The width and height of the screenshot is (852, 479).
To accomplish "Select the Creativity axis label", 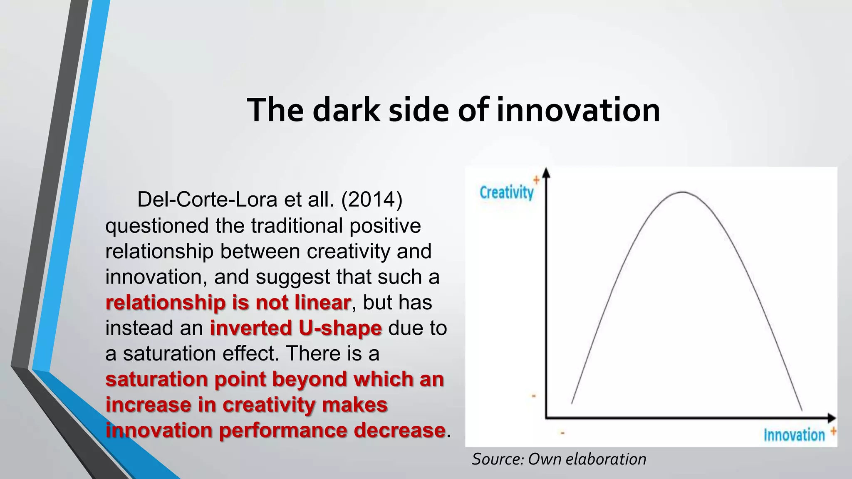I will point(506,193).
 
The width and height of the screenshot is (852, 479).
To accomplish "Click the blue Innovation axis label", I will point(794,435).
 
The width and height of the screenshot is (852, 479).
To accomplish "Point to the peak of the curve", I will point(682,192).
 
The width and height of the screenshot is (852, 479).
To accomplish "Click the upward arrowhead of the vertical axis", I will point(546,173).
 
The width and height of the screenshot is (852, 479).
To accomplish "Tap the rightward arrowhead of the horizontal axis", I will point(831,417).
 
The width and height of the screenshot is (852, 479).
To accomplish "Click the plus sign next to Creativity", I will point(536,180).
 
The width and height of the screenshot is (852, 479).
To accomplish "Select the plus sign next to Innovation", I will point(833,431).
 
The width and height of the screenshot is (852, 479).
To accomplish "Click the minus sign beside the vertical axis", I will point(534,396).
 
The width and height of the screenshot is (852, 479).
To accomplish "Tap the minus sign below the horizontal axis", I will point(562,433).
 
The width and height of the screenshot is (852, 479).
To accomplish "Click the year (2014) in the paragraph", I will point(372,200).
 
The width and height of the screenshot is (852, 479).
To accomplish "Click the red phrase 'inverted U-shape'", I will point(295,328).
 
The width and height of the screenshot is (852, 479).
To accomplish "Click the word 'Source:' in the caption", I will point(498,459).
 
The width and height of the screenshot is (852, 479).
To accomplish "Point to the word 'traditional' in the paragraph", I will point(297,226).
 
